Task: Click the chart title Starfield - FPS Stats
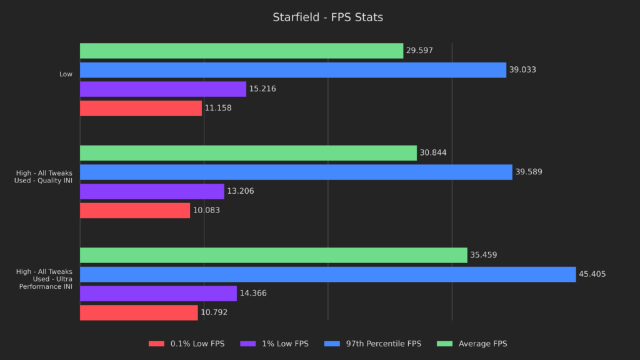(x=327, y=17)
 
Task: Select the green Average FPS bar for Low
(x=241, y=51)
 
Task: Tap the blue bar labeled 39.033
(x=292, y=70)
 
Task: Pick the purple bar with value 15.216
(x=162, y=89)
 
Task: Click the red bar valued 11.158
(x=141, y=108)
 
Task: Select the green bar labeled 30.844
(x=248, y=153)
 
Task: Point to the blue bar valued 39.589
(x=296, y=172)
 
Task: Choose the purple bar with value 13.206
(x=152, y=191)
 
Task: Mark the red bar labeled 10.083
(x=135, y=211)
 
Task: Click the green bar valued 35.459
(x=273, y=255)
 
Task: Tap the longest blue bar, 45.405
(x=327, y=274)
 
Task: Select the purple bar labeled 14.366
(x=158, y=294)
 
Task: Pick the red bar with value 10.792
(x=139, y=312)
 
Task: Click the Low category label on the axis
(x=66, y=74)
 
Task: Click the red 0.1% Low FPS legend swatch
(x=156, y=344)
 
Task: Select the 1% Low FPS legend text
(x=286, y=344)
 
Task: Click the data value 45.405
(x=592, y=274)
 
